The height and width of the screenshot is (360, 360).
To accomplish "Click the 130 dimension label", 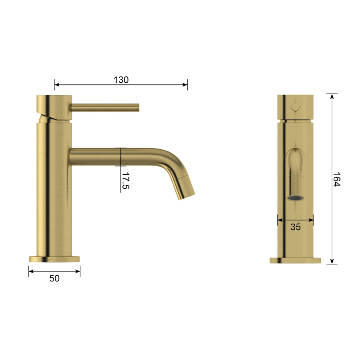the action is pyautogui.click(x=121, y=80).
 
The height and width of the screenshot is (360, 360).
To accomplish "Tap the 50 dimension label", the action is pyautogui.click(x=55, y=278).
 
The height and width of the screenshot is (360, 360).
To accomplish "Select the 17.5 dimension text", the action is pyautogui.click(x=125, y=181).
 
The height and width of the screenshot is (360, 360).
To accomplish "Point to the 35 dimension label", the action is pyautogui.click(x=296, y=227).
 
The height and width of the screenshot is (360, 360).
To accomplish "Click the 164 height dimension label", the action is pyautogui.click(x=336, y=179).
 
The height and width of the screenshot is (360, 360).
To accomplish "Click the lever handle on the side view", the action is pyautogui.click(x=105, y=107).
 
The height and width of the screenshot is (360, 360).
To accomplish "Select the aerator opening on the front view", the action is pyautogui.click(x=296, y=197).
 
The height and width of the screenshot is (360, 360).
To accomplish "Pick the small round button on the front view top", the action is pyautogui.click(x=296, y=107).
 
